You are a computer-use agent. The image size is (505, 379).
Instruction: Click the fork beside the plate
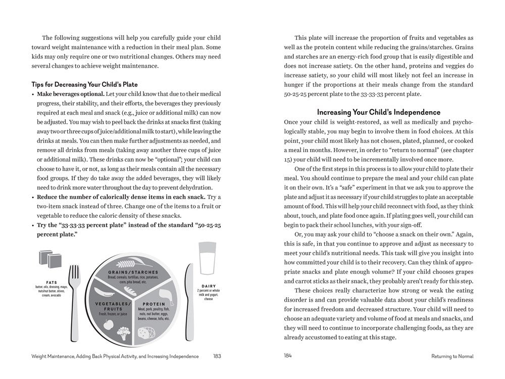click(x=74, y=298)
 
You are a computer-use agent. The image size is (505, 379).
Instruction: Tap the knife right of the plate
click(x=189, y=298)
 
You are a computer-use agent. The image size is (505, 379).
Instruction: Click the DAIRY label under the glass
click(x=209, y=286)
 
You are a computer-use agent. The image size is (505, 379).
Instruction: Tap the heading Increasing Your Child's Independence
click(x=378, y=112)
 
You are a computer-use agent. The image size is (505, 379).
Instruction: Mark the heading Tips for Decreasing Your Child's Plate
click(x=84, y=84)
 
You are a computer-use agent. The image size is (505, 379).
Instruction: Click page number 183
click(x=217, y=356)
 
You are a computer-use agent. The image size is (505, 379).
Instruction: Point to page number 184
click(x=288, y=356)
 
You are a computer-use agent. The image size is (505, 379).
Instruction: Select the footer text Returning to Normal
click(x=452, y=356)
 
